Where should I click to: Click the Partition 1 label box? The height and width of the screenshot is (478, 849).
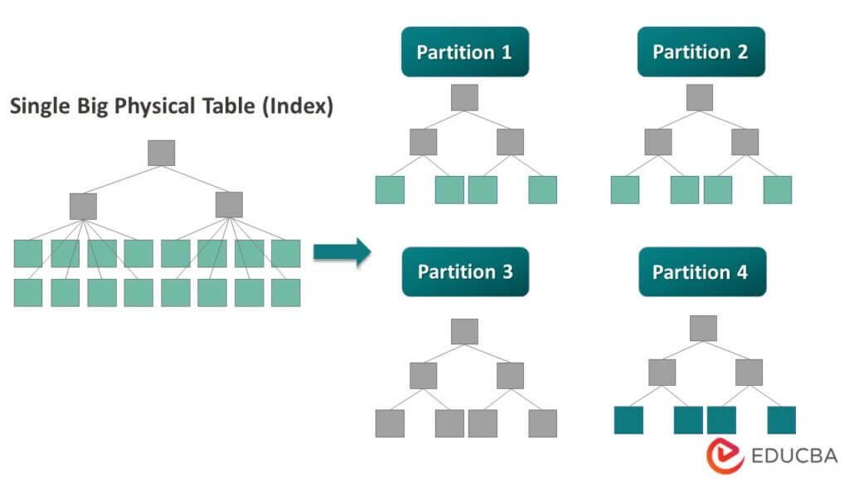pos(464,52)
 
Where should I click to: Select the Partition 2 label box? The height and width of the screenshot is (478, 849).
pos(701,52)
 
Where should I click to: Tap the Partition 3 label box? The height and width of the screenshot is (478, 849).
pos(464,272)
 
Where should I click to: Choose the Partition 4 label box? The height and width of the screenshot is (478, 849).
pos(701,272)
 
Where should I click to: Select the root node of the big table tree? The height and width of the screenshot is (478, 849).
pos(161,153)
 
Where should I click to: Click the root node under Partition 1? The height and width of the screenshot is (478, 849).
pos(464,97)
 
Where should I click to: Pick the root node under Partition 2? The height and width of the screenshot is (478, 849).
pos(700,97)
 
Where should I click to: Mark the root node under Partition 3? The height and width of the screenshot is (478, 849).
pos(464,331)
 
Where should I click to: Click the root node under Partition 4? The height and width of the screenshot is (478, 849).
pos(703,327)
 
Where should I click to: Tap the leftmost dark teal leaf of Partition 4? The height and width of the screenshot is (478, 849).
pos(628,420)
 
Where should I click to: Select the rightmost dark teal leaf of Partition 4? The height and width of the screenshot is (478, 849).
pos(781,420)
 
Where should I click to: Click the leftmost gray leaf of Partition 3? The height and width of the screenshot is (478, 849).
pos(390,423)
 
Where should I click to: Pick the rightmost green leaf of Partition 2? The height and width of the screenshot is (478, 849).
pos(777,189)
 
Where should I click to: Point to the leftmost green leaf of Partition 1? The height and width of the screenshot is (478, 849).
pos(390,189)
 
